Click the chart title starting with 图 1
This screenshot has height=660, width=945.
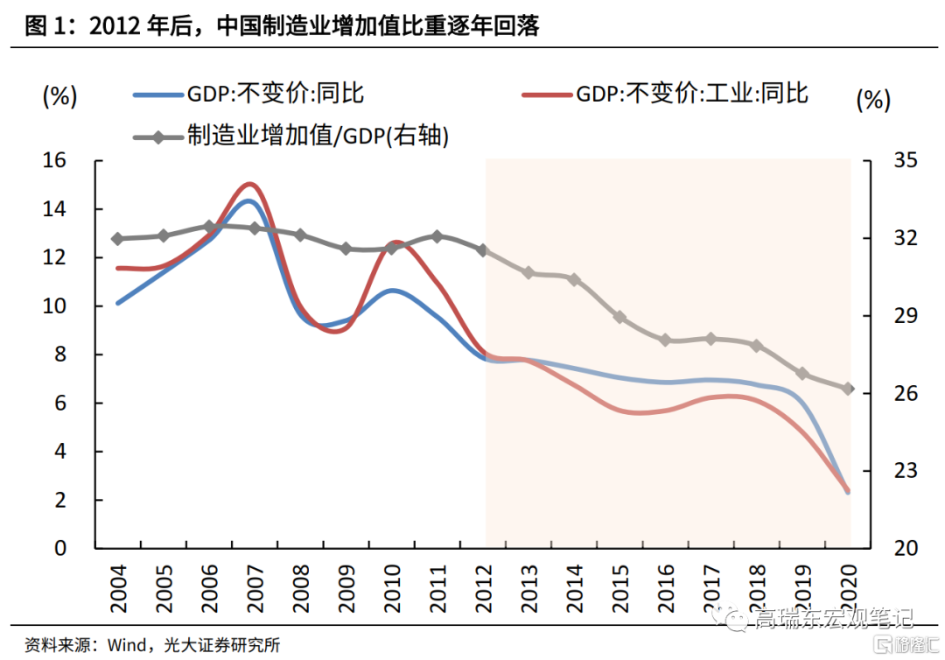282,26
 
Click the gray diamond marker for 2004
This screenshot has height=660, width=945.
117,238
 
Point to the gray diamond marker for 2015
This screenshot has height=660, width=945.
619,317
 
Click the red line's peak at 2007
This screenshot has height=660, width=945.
250,184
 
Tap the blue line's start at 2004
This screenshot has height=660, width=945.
117,304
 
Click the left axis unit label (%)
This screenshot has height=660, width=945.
60,95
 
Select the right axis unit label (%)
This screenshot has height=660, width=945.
873,99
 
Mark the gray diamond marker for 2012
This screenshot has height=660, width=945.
482,250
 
